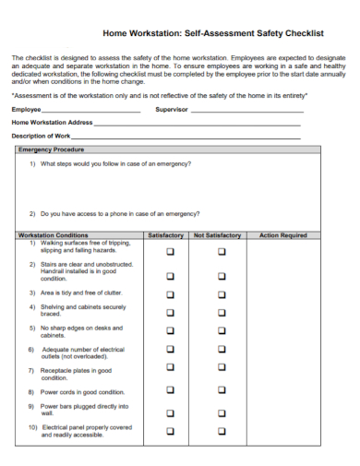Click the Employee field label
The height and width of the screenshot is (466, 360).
(x=27, y=109)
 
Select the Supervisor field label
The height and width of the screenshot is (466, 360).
(x=172, y=109)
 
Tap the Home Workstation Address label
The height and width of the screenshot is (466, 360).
(x=52, y=122)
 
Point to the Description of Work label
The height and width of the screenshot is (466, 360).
(x=42, y=136)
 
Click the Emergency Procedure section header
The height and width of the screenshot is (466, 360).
(x=51, y=149)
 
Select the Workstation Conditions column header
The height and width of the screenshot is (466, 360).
(x=54, y=235)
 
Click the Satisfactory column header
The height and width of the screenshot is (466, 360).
(x=166, y=235)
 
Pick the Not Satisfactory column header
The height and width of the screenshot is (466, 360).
(x=218, y=235)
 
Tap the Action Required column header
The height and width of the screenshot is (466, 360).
(x=282, y=235)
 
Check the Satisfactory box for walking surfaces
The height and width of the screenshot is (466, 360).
(x=169, y=251)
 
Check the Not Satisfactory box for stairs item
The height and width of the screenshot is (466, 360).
(x=221, y=275)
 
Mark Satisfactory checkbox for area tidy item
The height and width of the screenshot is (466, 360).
(x=169, y=294)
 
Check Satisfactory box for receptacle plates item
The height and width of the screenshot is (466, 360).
(x=169, y=372)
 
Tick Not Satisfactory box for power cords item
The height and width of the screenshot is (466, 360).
(x=221, y=391)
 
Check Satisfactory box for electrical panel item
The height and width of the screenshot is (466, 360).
(x=169, y=430)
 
